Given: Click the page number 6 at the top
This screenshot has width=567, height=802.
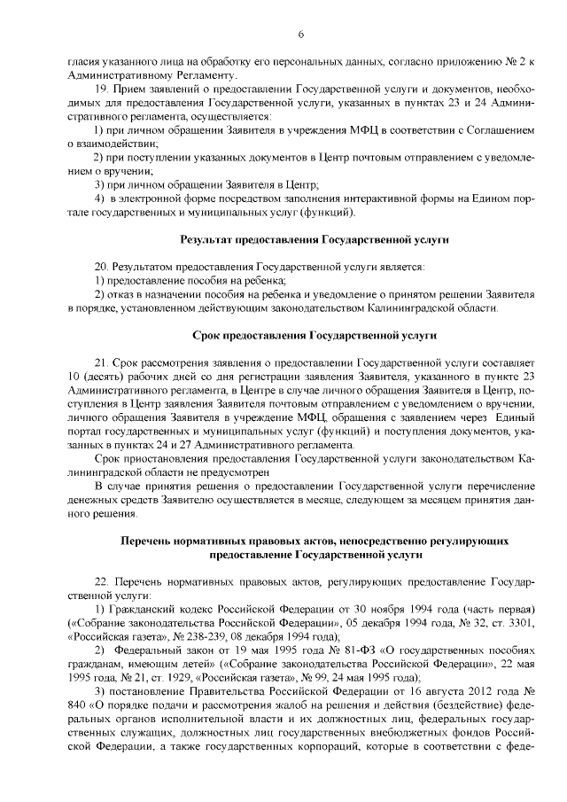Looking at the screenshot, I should (x=300, y=34).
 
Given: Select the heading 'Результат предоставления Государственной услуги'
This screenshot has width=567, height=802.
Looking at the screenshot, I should (x=315, y=240).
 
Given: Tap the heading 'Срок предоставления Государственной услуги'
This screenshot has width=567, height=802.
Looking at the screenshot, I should (x=315, y=337).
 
